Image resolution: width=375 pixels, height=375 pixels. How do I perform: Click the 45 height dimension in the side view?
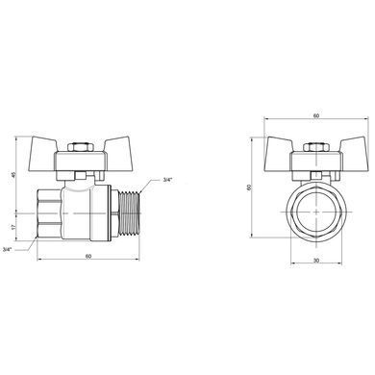click(x=13, y=175)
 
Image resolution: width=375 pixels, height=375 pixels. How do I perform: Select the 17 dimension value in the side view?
click(x=13, y=227)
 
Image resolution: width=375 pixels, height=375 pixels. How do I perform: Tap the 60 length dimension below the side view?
click(x=88, y=256)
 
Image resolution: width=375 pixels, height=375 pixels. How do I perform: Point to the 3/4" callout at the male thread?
click(x=167, y=180)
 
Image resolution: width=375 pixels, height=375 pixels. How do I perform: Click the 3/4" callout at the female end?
click(x=7, y=249)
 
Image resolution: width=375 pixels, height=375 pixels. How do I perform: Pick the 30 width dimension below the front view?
click(x=316, y=261)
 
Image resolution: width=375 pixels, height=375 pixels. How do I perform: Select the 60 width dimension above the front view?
click(x=316, y=115)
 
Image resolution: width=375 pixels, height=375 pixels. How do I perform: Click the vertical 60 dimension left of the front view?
click(x=249, y=187)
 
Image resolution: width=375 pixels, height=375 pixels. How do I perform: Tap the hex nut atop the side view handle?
click(x=80, y=148)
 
